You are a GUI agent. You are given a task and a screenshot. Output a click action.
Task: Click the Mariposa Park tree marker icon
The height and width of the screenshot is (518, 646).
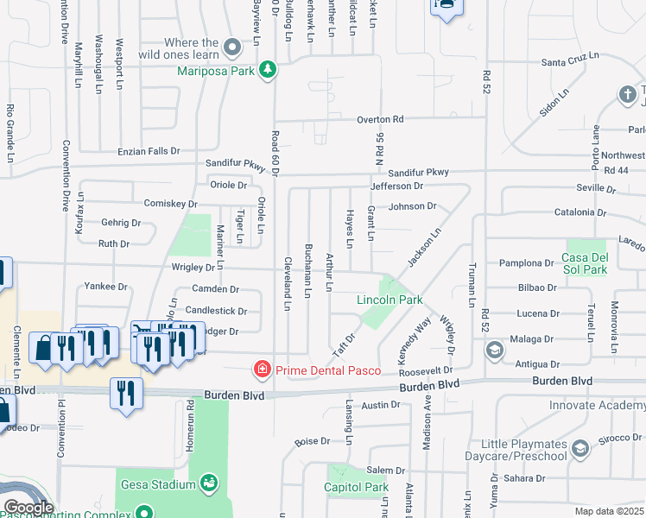pos(268,70)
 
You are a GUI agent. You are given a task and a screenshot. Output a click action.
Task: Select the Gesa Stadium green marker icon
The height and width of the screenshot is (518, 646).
pos(208,482)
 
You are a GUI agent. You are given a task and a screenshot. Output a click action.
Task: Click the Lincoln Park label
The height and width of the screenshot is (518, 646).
pos(390,300)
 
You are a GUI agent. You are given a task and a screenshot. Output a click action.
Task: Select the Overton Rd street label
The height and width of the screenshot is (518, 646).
pos(381,119)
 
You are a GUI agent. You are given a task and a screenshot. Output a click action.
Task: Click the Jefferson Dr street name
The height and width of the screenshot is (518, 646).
pos(396,186)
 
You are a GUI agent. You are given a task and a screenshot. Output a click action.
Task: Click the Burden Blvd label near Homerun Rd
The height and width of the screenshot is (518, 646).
pos(232,395)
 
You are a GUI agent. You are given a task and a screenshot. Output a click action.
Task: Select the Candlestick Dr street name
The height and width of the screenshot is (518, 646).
pos(217,310)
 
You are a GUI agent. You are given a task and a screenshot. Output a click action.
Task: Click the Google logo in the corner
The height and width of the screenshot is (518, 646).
pos(28,508)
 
